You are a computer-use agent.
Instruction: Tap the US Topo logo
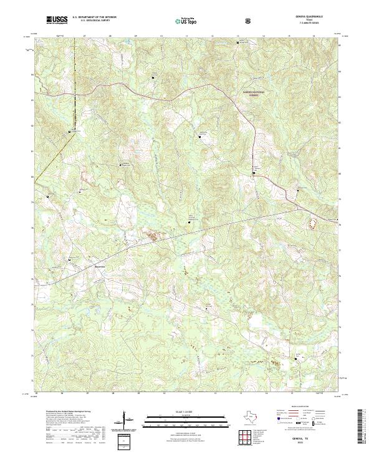click(186, 21)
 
